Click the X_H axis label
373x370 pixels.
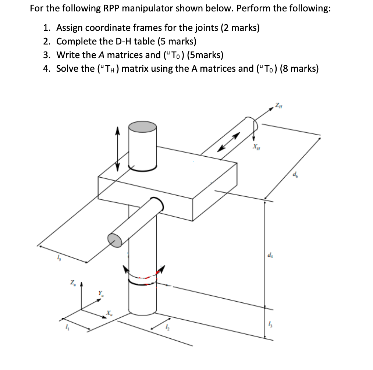tap(255, 146)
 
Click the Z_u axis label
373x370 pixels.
tap(72, 282)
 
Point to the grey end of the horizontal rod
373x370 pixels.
tap(115, 239)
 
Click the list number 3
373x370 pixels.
tap(46, 55)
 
